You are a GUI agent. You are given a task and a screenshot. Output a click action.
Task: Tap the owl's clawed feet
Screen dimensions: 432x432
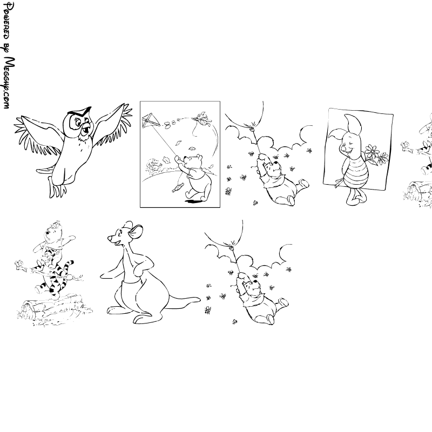coord(58,187)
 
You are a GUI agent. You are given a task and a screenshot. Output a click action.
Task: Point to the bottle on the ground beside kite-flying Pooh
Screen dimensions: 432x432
coord(178,187)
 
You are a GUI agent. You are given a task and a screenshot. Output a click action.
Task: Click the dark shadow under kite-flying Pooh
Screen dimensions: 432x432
coord(193,201)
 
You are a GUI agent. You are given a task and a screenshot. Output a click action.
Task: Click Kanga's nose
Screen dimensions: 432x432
coord(110,237)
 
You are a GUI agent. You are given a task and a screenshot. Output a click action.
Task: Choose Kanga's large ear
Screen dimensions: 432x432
coord(136,232)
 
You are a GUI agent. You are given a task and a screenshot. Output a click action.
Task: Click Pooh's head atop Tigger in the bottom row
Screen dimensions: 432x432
coord(53,232)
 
